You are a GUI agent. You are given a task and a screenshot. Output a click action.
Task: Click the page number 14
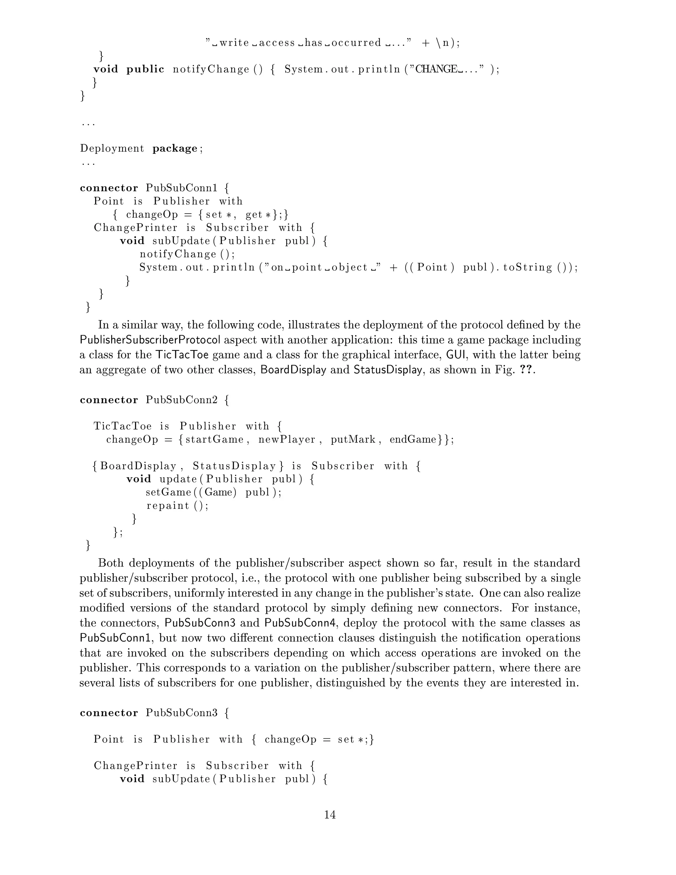(330, 815)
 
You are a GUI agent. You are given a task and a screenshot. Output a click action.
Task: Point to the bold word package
(175, 149)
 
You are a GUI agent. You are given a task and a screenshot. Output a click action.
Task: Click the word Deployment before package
(112, 149)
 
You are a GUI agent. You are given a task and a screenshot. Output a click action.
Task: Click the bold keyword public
(145, 69)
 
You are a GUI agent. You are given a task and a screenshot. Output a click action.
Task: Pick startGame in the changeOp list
(214, 439)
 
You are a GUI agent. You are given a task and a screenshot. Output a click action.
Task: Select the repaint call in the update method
(168, 506)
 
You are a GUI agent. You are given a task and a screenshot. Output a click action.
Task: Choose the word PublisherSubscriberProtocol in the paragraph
(150, 340)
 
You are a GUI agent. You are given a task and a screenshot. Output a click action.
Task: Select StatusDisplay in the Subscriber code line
(235, 466)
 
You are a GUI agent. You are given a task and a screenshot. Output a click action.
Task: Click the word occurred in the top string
(356, 43)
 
